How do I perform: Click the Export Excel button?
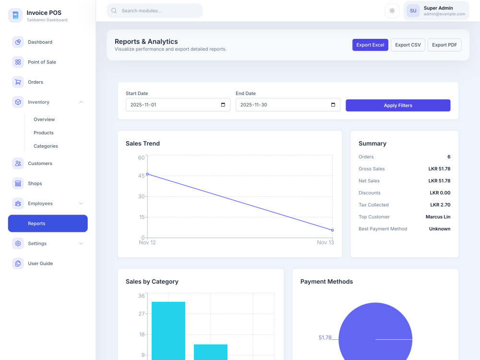pyautogui.click(x=370, y=45)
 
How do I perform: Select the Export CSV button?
pyautogui.click(x=408, y=45)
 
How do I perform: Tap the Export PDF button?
pyautogui.click(x=444, y=45)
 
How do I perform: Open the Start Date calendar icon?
pyautogui.click(x=223, y=105)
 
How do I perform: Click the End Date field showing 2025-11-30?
pyautogui.click(x=288, y=105)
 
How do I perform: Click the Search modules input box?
pyautogui.click(x=155, y=11)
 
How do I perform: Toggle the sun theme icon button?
pyautogui.click(x=392, y=11)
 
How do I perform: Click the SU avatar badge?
pyautogui.click(x=413, y=11)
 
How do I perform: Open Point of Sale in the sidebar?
pyautogui.click(x=42, y=62)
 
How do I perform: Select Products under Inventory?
pyautogui.click(x=44, y=133)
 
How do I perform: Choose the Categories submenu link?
pyautogui.click(x=46, y=146)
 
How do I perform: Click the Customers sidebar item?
pyautogui.click(x=40, y=164)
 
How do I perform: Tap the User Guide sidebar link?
pyautogui.click(x=40, y=264)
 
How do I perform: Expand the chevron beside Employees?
pyautogui.click(x=81, y=204)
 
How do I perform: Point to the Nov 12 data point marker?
pyautogui.click(x=147, y=174)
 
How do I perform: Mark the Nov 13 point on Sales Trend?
pyautogui.click(x=333, y=230)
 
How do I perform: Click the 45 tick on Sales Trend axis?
pyautogui.click(x=141, y=176)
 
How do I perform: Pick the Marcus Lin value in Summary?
pyautogui.click(x=438, y=217)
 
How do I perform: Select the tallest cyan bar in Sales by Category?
pyautogui.click(x=168, y=331)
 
